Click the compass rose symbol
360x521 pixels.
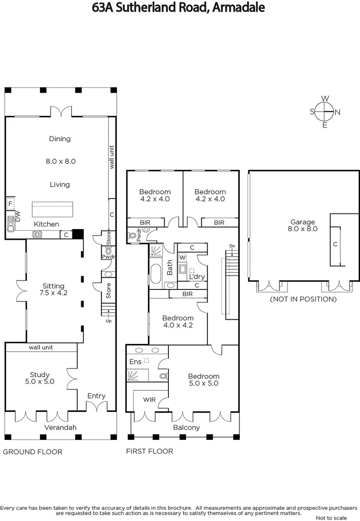[x=325, y=112]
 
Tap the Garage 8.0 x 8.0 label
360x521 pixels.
[x=303, y=225]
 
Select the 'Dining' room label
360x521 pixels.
[x=60, y=139]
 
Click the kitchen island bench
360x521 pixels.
[x=52, y=209]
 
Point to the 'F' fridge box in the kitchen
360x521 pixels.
[x=10, y=204]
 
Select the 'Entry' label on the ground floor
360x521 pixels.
[x=96, y=396]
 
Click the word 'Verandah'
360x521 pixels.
[x=60, y=427]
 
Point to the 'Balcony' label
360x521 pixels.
[x=186, y=427]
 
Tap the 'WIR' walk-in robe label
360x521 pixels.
[x=149, y=400]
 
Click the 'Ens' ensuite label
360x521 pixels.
[x=135, y=361]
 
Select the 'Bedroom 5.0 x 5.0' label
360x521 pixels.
[x=203, y=380]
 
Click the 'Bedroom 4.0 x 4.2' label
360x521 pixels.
[x=178, y=321]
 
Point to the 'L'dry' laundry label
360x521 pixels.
[x=197, y=277]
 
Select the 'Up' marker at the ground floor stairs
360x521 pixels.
[x=108, y=320]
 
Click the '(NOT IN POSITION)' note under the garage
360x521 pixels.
[x=303, y=299]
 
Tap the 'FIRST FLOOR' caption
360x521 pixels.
[x=150, y=452]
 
